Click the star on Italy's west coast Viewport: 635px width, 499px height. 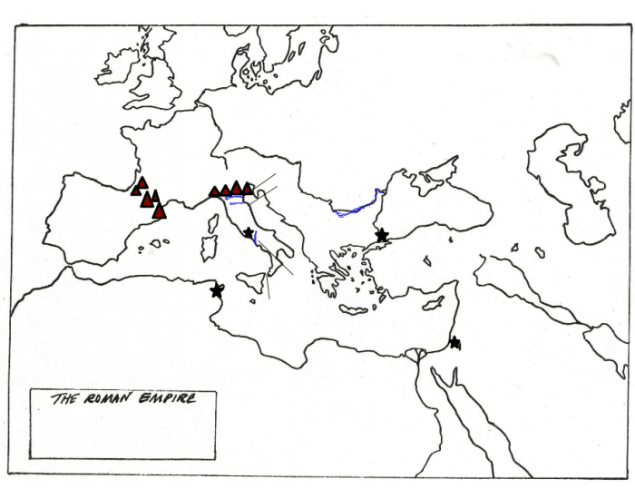(x=249, y=233)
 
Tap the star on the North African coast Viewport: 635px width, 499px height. (x=217, y=290)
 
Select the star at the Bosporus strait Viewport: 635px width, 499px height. (x=382, y=235)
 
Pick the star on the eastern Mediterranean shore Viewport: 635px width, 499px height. (x=454, y=342)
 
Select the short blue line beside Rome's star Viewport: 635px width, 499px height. (x=257, y=239)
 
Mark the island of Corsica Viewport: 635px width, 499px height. (x=214, y=221)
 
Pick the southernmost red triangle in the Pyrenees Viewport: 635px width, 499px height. (x=160, y=211)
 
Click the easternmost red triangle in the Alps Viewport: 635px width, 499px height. (x=249, y=187)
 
